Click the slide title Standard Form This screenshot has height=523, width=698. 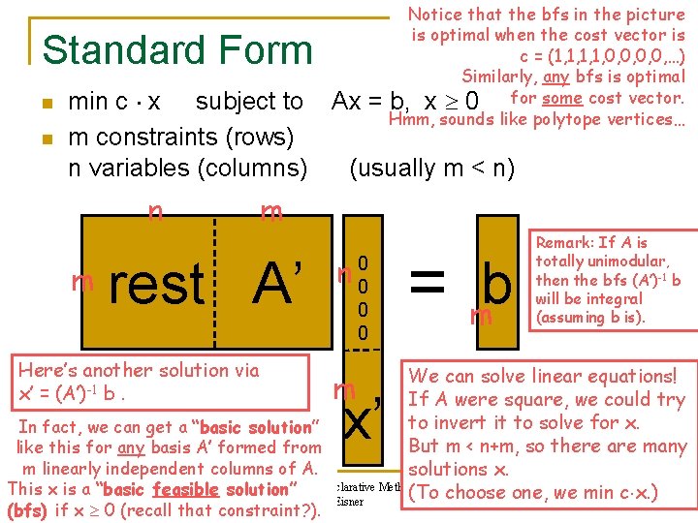point(178,50)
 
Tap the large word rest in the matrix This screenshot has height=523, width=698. point(157,285)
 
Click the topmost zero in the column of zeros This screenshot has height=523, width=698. point(363,262)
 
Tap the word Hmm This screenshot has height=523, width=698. point(409,120)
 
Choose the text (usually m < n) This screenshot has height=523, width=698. point(431,168)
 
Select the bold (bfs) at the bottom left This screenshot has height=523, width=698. point(27,510)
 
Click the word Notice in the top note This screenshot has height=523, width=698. point(435,15)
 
